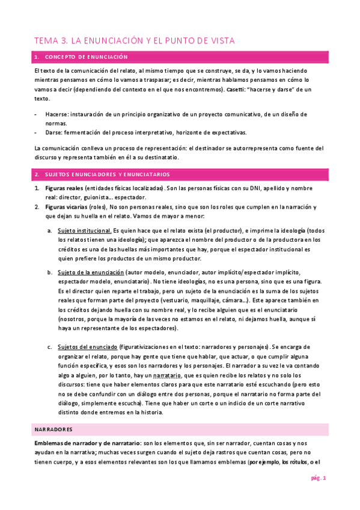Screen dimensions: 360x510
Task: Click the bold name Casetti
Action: pos(236,88)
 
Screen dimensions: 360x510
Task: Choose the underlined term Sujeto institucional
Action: pos(84,230)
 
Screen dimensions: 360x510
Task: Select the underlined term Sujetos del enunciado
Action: pos(87,347)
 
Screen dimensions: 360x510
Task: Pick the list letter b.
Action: pos(50,272)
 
